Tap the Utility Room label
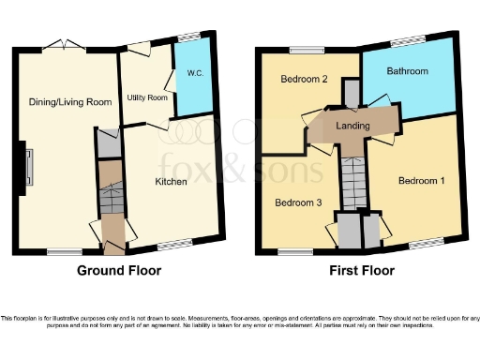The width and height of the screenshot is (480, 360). tap(147, 97)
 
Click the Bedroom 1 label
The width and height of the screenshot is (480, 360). tap(420, 180)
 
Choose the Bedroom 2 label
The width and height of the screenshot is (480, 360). tap(304, 80)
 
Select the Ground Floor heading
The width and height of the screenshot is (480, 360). tap(119, 271)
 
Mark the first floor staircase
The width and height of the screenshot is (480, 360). tap(352, 183)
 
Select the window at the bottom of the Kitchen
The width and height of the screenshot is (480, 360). tap(174, 246)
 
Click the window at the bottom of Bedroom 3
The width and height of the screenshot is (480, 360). tap(295, 251)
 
